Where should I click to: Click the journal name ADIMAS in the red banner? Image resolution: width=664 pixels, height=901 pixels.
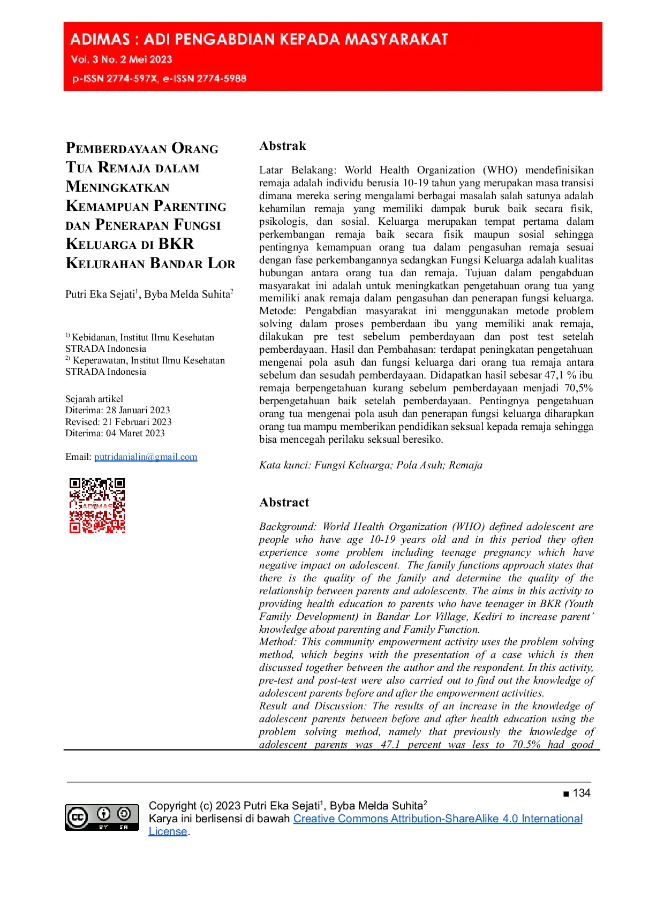point(100,39)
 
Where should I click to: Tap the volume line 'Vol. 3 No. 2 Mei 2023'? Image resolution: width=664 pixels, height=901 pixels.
point(122,59)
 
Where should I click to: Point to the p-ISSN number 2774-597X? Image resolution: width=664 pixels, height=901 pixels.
point(132,79)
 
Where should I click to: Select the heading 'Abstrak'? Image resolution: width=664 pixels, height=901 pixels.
point(283,146)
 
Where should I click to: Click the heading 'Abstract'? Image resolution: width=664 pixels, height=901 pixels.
point(284,502)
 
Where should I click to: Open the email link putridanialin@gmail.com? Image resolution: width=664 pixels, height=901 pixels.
point(146,457)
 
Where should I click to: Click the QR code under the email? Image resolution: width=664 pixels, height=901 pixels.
point(97,505)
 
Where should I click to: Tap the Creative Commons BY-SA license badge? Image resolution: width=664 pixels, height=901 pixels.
point(102,817)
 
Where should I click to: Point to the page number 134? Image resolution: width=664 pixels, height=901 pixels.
point(581,793)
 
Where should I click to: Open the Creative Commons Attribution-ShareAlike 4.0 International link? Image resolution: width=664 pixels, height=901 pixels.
point(437,819)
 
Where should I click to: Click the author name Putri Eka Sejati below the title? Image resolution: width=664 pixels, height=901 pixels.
point(100,294)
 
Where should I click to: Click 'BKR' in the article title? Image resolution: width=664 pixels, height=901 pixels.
point(176,244)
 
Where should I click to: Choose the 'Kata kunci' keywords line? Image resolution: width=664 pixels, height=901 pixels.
point(371,465)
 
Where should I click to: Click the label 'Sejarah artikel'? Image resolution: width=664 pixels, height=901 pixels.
point(94,399)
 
